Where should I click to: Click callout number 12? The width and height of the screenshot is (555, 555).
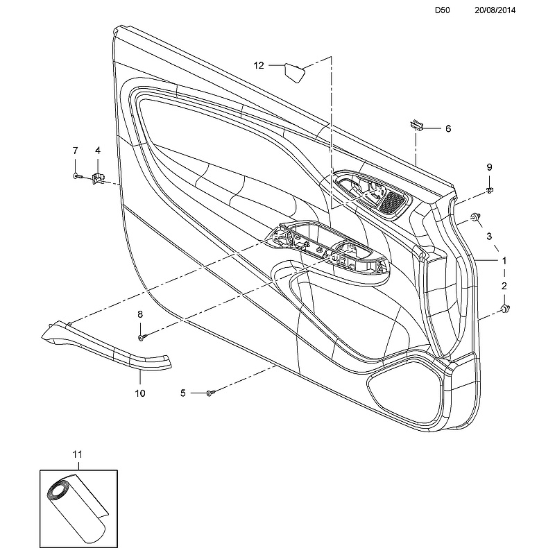[259, 66]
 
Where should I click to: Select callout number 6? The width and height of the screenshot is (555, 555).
[447, 128]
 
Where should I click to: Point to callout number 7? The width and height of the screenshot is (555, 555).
[76, 151]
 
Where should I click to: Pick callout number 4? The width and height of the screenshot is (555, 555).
[97, 151]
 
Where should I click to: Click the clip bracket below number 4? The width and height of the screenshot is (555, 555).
[98, 178]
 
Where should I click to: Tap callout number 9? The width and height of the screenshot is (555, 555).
[489, 167]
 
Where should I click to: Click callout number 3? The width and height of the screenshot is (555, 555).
[489, 237]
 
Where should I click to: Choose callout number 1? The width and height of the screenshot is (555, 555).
[504, 260]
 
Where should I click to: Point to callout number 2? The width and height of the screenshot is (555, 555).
[504, 285]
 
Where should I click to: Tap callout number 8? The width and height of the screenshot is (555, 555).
[139, 314]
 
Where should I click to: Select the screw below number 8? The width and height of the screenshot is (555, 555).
[141, 336]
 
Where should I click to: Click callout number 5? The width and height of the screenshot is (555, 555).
[183, 393]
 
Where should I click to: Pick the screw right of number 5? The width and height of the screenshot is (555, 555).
[210, 393]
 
